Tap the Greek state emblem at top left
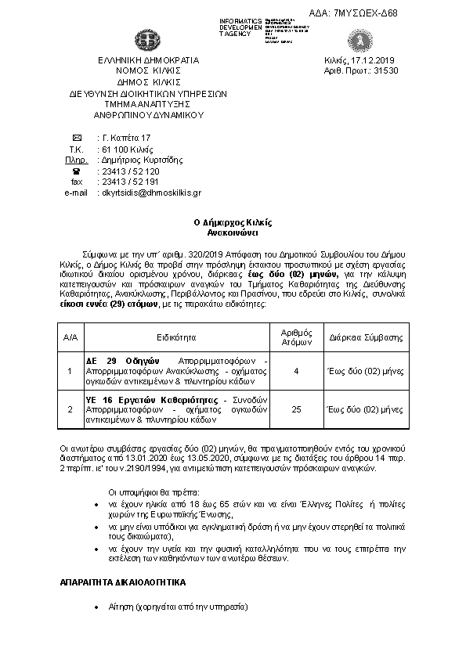click(x=146, y=39)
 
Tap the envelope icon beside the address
click(x=76, y=138)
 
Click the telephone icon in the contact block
click(x=76, y=171)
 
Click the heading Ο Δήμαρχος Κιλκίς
click(x=233, y=223)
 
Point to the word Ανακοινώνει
click(x=233, y=233)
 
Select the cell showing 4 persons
click(x=296, y=371)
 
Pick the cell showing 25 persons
click(x=296, y=409)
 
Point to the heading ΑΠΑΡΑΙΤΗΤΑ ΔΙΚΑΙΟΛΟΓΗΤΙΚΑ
click(x=121, y=583)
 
